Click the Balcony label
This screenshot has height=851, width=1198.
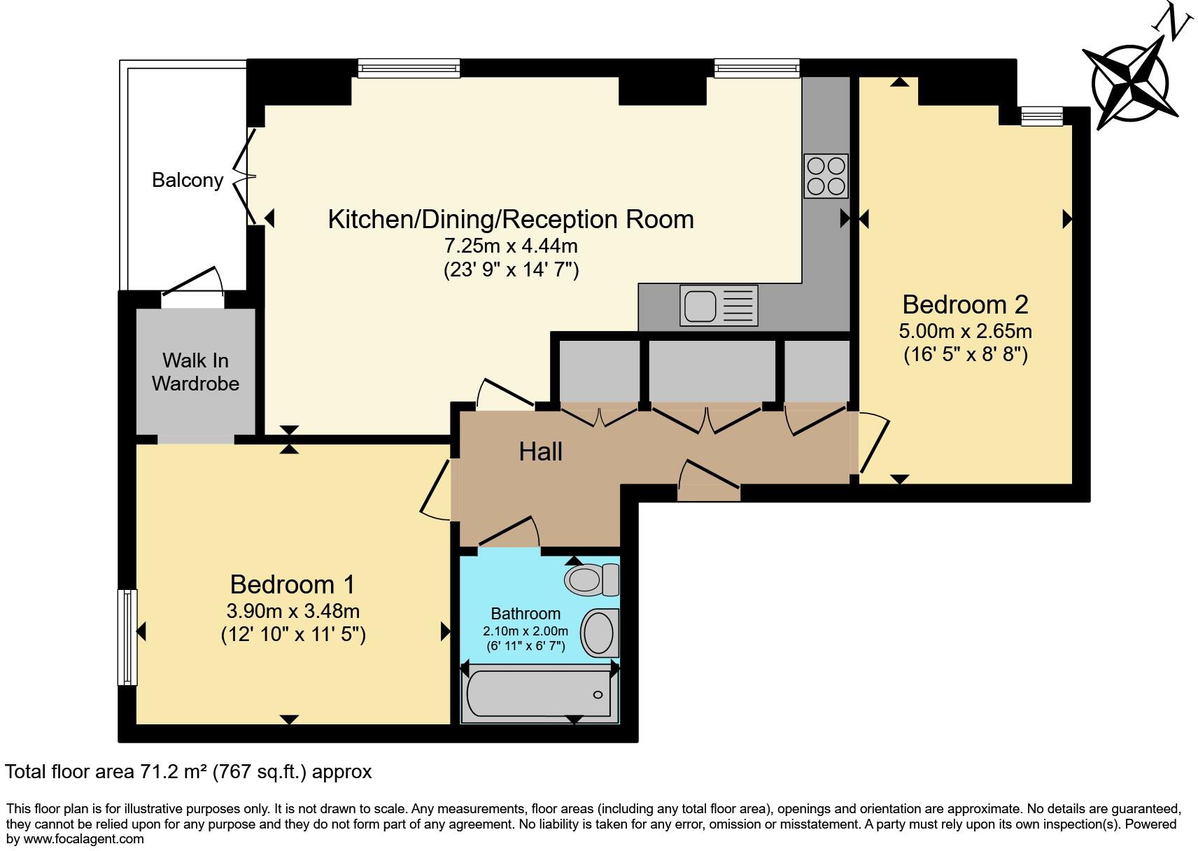[188, 180]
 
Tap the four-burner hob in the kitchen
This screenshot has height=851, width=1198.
[826, 176]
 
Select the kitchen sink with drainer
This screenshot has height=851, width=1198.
[719, 306]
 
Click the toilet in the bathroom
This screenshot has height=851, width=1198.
[592, 579]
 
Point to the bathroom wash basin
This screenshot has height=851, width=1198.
[600, 633]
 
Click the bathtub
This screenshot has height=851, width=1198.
[539, 694]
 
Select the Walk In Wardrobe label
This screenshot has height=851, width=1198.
[195, 372]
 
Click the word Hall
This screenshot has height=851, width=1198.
[540, 452]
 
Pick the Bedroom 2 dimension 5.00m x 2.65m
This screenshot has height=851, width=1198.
[965, 330]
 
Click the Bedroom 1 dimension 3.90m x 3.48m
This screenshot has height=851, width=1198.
[293, 611]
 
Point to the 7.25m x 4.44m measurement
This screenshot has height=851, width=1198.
[511, 246]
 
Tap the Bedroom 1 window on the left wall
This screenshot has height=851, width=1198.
[127, 637]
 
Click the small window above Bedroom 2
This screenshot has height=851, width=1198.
[1041, 116]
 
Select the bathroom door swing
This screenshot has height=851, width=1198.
[509, 532]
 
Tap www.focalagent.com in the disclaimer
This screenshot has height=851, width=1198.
[84, 838]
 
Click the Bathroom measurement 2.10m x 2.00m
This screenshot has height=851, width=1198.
[526, 631]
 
